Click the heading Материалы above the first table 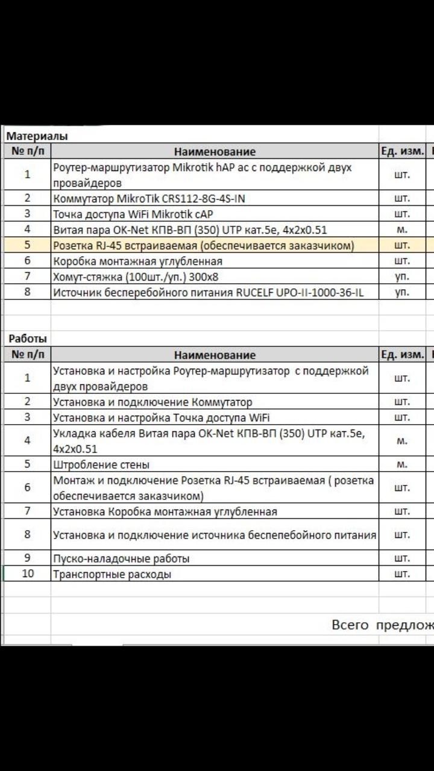point(37,136)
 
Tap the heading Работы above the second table point(28,339)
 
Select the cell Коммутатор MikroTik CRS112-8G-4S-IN point(149,199)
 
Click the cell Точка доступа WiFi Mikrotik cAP point(133,214)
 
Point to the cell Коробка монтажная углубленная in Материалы point(137,261)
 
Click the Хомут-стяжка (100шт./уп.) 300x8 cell point(131,276)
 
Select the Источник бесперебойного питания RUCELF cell point(208,293)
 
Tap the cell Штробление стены point(101,464)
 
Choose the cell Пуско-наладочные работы point(121,558)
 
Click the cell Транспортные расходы point(112,574)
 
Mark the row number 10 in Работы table point(28,573)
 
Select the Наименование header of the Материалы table point(215,152)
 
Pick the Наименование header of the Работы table point(215,355)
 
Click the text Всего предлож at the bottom point(382,625)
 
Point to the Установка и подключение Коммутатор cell point(153,402)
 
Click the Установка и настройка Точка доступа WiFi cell point(161,417)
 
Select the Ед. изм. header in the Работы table point(402,355)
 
